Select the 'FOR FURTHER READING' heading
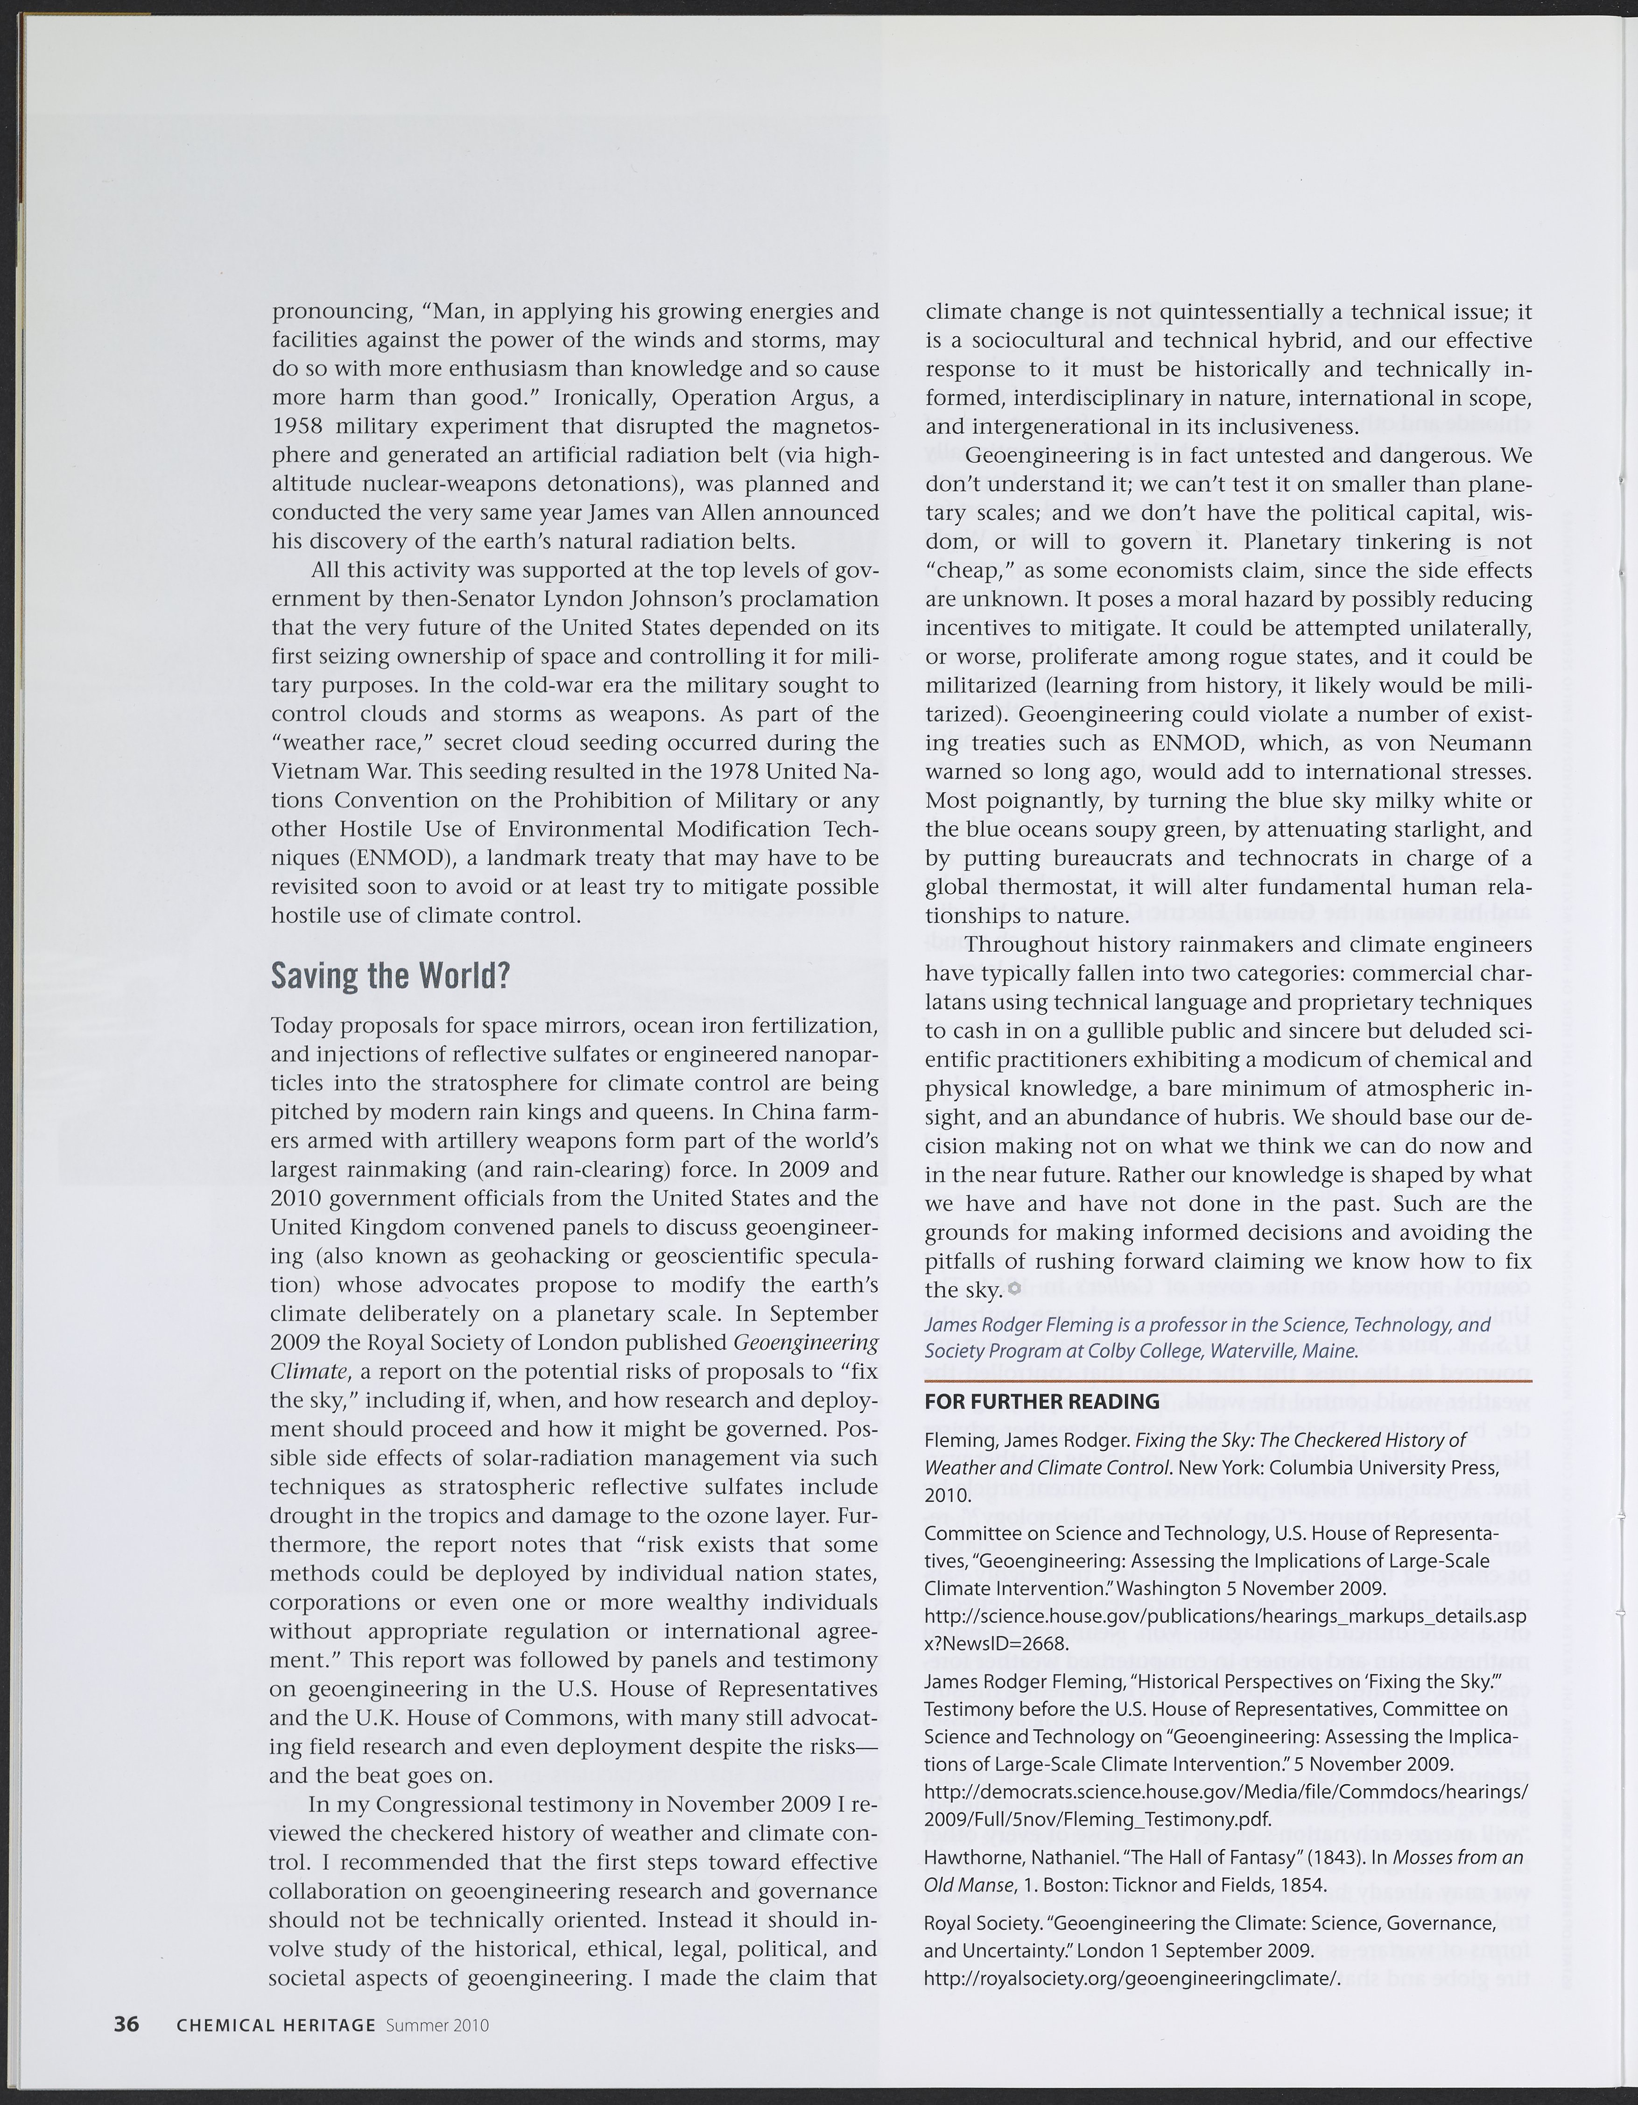1041,1400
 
